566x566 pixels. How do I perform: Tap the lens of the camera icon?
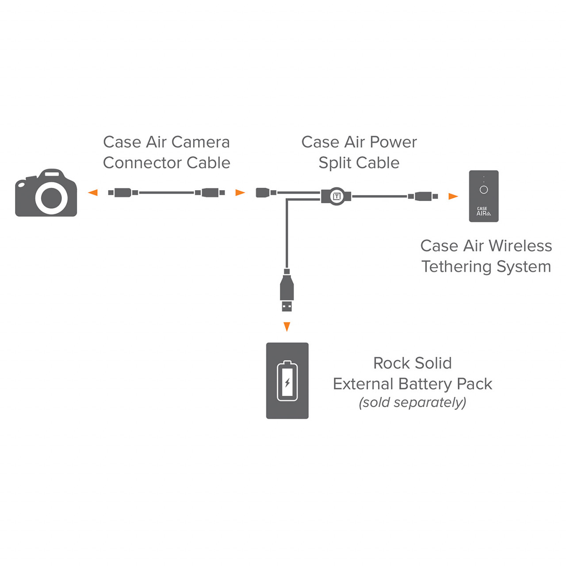click(x=51, y=198)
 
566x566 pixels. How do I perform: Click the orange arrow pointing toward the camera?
click(x=93, y=193)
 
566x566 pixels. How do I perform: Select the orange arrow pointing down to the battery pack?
click(x=287, y=327)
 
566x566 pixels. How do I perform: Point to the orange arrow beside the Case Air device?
click(x=453, y=196)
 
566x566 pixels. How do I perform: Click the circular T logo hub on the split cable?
click(x=337, y=196)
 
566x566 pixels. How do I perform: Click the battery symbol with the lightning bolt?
click(x=287, y=381)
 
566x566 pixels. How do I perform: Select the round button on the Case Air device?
click(x=484, y=190)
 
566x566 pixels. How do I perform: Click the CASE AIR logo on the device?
click(x=483, y=211)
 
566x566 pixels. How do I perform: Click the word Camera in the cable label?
click(x=200, y=142)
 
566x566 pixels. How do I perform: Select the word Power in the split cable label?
click(x=393, y=142)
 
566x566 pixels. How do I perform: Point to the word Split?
click(x=335, y=163)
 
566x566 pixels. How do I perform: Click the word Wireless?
click(x=520, y=246)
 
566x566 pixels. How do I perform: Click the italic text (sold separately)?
click(x=413, y=402)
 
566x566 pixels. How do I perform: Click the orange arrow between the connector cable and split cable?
click(x=240, y=193)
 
